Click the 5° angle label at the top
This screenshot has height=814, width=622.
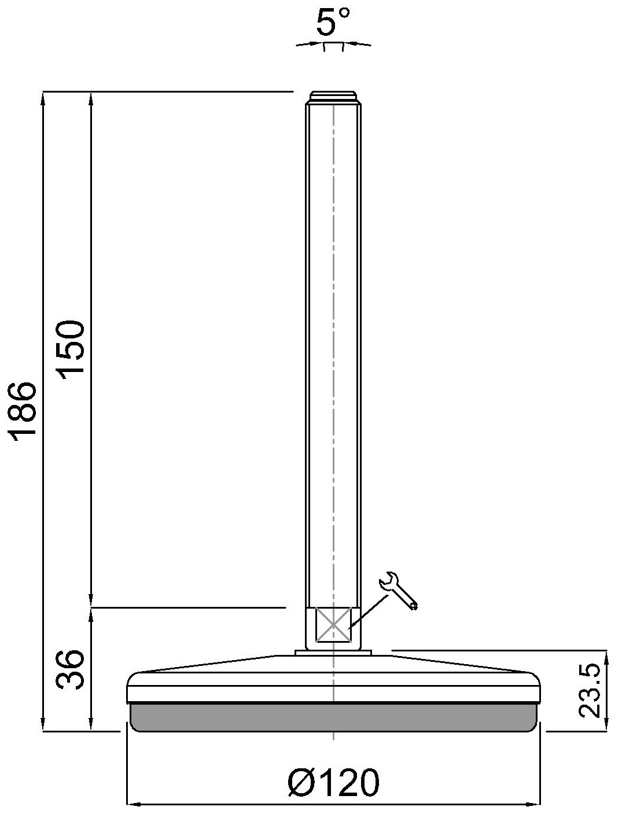[x=333, y=23]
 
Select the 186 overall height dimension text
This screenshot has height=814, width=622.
[x=25, y=411]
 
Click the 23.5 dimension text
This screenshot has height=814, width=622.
[x=590, y=691]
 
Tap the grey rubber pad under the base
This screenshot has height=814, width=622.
[x=333, y=717]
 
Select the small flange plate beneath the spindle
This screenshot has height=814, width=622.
[x=333, y=653]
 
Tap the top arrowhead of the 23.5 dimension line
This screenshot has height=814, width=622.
[x=606, y=655]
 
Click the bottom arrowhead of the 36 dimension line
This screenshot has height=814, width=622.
[x=91, y=725]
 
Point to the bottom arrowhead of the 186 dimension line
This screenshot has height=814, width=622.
[x=43, y=725]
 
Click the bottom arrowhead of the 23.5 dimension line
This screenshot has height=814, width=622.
[x=606, y=725]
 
